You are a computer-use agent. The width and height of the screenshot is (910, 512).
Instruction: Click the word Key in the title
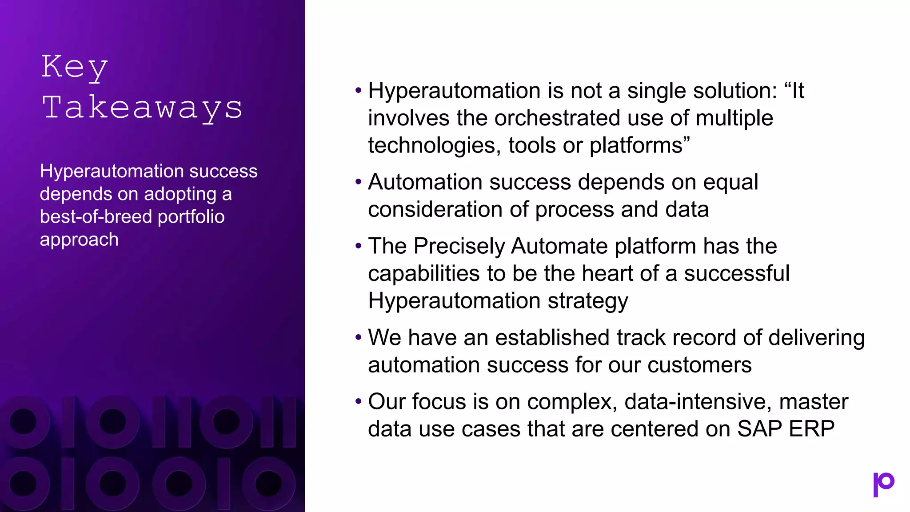[x=75, y=67]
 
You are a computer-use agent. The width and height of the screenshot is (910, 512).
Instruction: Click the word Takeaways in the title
[x=142, y=108]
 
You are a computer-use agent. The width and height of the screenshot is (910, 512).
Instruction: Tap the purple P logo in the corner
[x=883, y=484]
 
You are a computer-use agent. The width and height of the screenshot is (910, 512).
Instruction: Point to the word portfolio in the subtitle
[x=191, y=217]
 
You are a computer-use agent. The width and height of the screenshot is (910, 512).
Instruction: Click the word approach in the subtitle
[x=79, y=240]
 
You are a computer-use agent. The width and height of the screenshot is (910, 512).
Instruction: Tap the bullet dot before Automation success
[x=359, y=182]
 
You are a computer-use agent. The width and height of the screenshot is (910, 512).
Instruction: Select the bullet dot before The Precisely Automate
[x=359, y=246]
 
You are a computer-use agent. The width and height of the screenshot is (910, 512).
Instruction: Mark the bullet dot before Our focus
[x=359, y=402]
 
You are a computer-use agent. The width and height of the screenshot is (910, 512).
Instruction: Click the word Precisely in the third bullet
[x=459, y=246]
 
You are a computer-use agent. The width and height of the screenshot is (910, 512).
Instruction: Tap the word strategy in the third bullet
[x=587, y=301]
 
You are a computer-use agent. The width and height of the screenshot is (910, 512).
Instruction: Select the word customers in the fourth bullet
[x=699, y=365]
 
